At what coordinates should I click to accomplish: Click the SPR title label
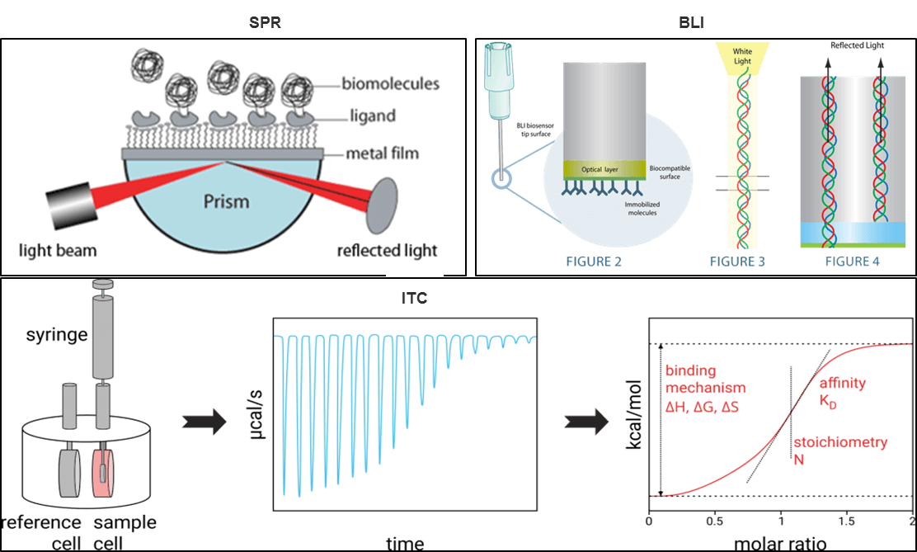tap(265, 23)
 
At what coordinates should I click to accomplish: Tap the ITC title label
tap(415, 299)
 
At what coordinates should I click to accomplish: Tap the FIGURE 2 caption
tap(593, 262)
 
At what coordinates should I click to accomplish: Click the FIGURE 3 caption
tap(738, 262)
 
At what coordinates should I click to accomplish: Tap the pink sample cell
tap(110, 473)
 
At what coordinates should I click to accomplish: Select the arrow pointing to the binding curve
tap(587, 422)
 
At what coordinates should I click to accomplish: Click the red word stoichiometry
tap(840, 443)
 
